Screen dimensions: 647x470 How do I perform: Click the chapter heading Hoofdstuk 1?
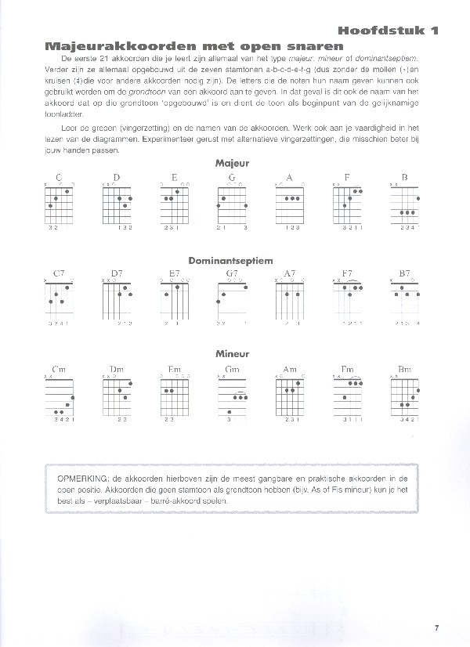(x=388, y=31)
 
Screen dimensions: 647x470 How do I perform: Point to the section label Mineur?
(x=232, y=354)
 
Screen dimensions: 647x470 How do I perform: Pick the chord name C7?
(x=59, y=273)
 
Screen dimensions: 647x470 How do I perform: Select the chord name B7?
(x=404, y=273)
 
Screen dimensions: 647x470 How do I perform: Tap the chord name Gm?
(x=232, y=368)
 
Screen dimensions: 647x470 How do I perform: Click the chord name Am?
(x=290, y=368)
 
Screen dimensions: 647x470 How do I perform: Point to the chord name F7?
(x=347, y=273)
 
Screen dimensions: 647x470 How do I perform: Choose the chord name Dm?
(x=117, y=368)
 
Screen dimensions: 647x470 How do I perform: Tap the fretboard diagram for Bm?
(x=404, y=396)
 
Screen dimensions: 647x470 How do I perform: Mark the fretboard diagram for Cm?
(x=59, y=396)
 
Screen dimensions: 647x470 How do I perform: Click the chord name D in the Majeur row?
(x=117, y=177)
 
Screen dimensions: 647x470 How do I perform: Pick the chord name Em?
(x=174, y=368)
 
